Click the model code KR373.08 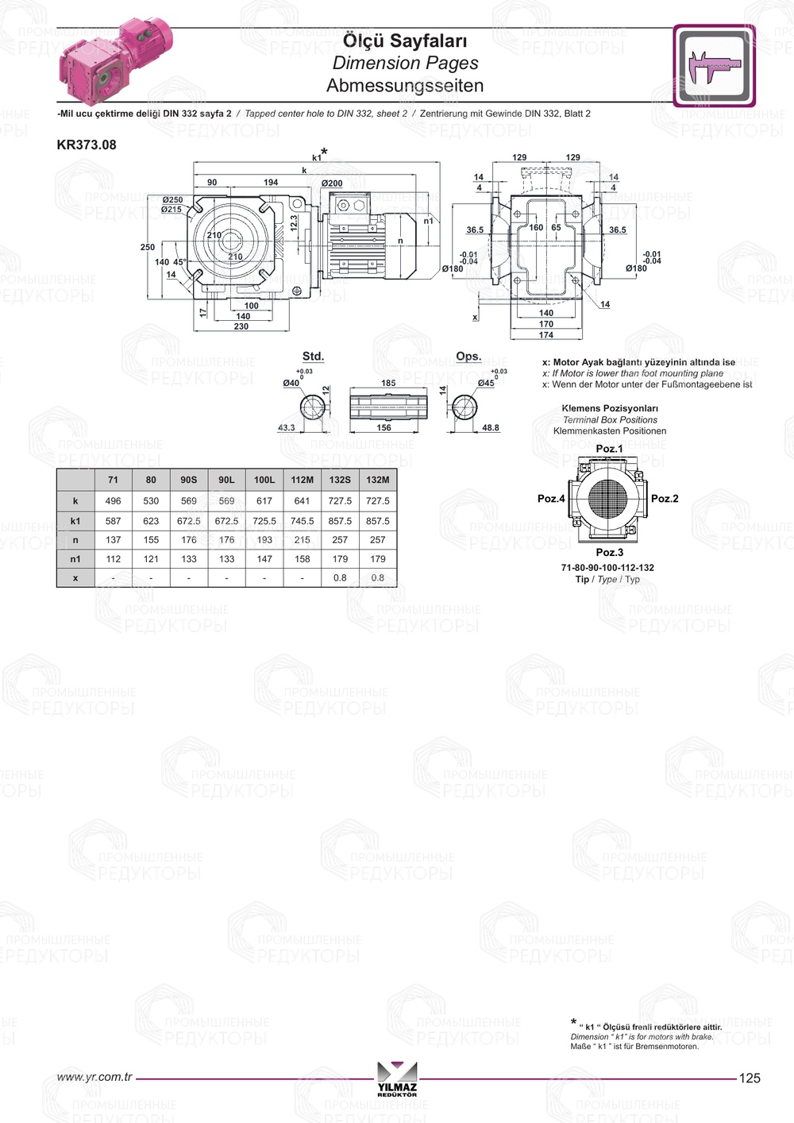87,145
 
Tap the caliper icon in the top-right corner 714,66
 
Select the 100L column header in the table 264,480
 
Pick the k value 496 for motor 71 114,501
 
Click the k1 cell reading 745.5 302,521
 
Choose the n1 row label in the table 75,559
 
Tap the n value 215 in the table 302,540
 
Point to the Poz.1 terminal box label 609,449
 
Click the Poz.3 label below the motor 609,552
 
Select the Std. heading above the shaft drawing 313,357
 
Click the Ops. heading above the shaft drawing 468,357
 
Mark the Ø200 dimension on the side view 332,183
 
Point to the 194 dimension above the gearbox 271,183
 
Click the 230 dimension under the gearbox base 241,326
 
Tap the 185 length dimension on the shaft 388,383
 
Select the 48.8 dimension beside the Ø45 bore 491,428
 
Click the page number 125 750,1078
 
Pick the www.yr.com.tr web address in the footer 94,1077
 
